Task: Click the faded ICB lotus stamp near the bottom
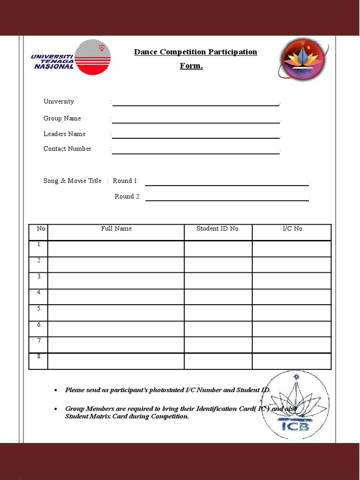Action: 295,405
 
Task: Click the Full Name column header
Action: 116,229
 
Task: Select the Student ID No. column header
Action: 218,229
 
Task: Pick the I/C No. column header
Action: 293,229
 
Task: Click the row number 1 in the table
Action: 39,244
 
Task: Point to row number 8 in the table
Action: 39,356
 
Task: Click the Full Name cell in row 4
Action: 116,297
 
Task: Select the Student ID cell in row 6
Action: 218,329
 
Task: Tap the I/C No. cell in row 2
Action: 292,264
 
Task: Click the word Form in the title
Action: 191,66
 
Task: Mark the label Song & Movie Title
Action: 72,181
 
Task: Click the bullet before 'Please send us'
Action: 56,390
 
